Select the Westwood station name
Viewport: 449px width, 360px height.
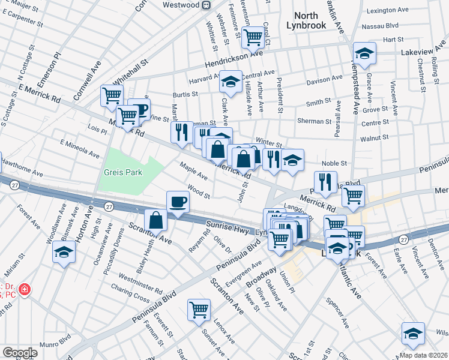(x=182, y=5)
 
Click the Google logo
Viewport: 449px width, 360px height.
(x=20, y=353)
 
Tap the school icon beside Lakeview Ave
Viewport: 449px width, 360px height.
(x=364, y=55)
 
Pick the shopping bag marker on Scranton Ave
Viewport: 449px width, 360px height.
(x=156, y=220)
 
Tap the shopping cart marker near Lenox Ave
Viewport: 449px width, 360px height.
(x=199, y=310)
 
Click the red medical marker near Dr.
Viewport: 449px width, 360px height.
(x=24, y=290)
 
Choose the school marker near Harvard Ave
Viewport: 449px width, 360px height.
(x=229, y=81)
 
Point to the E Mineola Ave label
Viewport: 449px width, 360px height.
(x=80, y=149)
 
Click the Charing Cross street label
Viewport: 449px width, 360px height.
(x=130, y=291)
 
